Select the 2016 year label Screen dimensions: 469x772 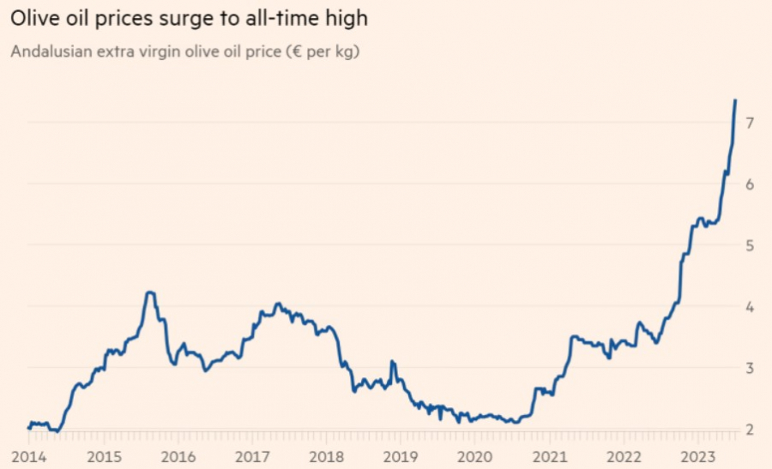tap(178, 456)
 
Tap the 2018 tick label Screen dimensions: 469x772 tap(327, 456)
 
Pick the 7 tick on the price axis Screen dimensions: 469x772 tap(750, 123)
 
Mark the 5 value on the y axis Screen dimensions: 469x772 tap(750, 245)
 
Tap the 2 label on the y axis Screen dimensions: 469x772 tap(750, 430)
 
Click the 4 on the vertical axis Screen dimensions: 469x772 tap(750, 307)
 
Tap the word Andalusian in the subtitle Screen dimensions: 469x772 tap(46, 52)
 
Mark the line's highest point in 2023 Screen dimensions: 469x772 tap(735, 100)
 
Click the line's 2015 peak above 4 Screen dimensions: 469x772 tap(150, 292)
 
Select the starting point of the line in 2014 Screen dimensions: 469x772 tap(27, 428)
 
